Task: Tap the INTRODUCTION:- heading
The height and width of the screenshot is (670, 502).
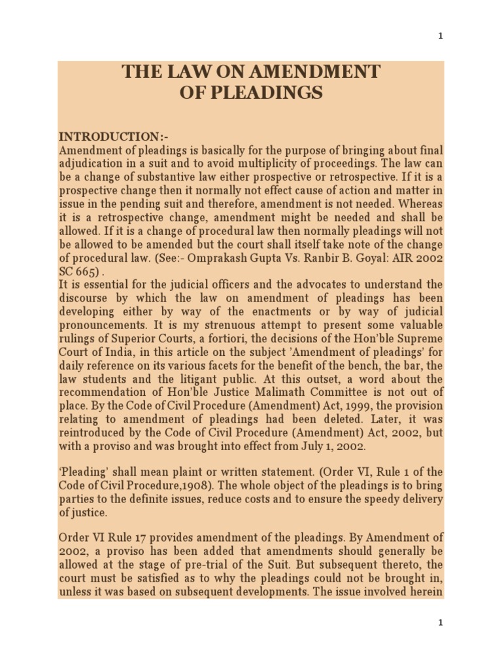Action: pyautogui.click(x=109, y=137)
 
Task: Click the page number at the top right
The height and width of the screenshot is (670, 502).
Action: pyautogui.click(x=441, y=36)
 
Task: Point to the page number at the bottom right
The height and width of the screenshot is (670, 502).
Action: pyautogui.click(x=441, y=623)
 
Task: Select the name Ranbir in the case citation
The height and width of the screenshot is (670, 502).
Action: pyautogui.click(x=308, y=258)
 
